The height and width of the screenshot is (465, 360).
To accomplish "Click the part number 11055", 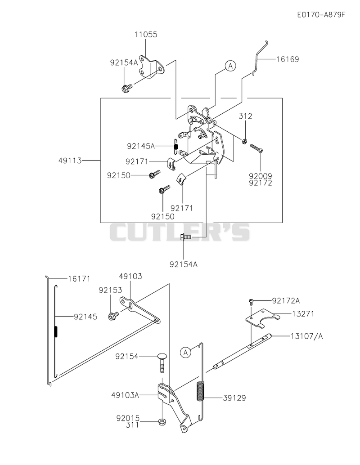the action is click(x=146, y=34).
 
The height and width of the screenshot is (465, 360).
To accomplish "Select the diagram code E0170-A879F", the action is click(x=321, y=15).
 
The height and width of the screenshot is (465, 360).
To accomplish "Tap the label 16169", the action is click(x=288, y=59).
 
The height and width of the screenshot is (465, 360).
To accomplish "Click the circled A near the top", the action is click(x=230, y=66).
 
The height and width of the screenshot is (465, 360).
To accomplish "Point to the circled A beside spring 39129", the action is click(x=186, y=352).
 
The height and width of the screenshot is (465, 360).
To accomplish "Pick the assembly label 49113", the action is click(x=70, y=161).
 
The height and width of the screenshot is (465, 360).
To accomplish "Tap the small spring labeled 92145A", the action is click(x=175, y=146).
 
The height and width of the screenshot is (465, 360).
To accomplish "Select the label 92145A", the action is click(x=141, y=146).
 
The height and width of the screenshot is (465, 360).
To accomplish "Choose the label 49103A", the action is click(x=125, y=395).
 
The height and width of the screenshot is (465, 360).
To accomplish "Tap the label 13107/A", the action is click(x=307, y=336).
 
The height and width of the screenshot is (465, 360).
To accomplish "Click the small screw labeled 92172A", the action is click(x=251, y=302).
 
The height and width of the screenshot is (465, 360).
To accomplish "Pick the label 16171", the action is click(x=79, y=279).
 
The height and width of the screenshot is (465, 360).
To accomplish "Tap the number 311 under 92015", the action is click(x=133, y=425).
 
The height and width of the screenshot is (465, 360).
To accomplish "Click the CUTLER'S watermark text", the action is click(x=180, y=232).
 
